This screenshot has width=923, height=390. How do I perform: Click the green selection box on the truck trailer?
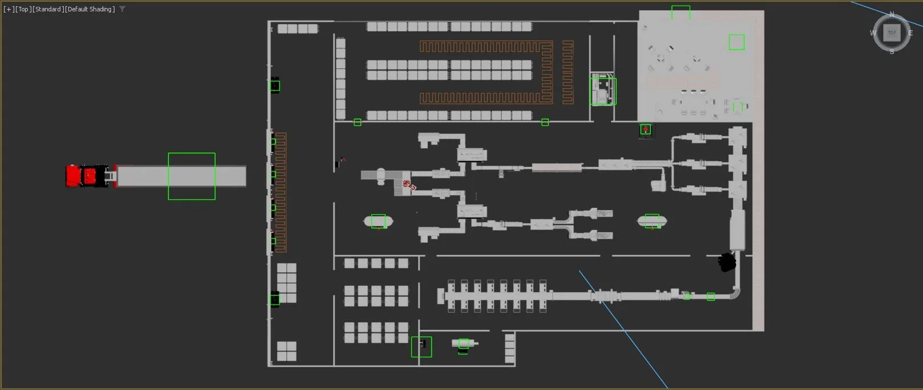click(x=191, y=176)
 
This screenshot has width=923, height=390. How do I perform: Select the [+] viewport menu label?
click(x=9, y=9)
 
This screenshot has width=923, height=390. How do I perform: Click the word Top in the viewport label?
click(x=23, y=9)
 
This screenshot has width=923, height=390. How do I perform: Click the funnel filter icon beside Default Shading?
click(x=122, y=9)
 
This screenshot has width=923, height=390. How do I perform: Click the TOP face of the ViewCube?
click(x=892, y=33)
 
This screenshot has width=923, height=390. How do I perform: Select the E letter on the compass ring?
click(x=910, y=33)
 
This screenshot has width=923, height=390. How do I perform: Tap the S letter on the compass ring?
click(x=892, y=51)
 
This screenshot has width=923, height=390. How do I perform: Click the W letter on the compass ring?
click(x=873, y=33)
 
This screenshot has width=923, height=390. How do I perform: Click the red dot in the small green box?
click(x=646, y=130)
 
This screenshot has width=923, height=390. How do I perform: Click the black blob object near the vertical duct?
click(x=727, y=262)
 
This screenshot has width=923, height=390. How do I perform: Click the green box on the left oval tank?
click(x=378, y=221)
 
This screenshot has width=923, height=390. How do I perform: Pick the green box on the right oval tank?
click(x=652, y=221)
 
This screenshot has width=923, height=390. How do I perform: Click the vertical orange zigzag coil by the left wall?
click(x=281, y=192)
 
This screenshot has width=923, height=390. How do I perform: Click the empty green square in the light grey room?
click(x=736, y=42)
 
